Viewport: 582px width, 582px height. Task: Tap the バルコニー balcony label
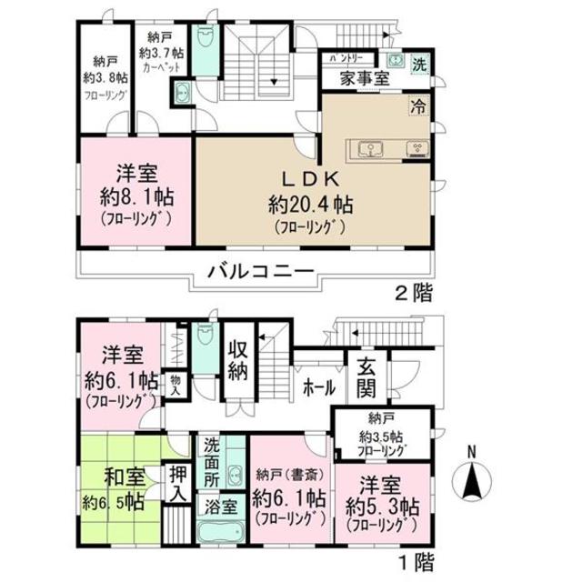pos(260,271)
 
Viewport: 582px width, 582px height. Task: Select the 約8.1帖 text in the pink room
pos(137,197)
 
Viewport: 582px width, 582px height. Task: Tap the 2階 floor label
pos(413,293)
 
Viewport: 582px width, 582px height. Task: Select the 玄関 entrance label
pos(366,379)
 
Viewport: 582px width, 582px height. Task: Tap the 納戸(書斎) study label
pos(289,472)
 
